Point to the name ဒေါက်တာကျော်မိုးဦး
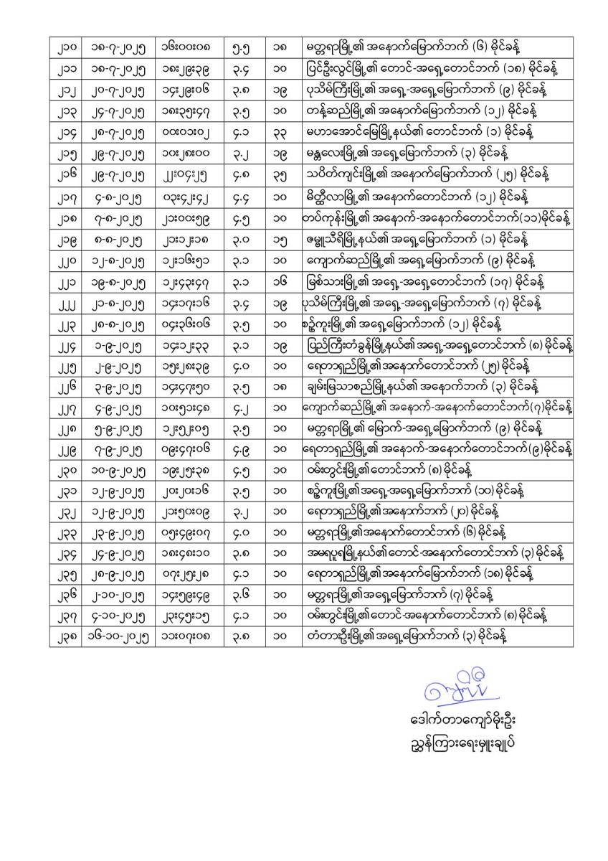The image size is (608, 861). pyautogui.click(x=458, y=720)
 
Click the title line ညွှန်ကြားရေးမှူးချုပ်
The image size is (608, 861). pyautogui.click(x=458, y=742)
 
